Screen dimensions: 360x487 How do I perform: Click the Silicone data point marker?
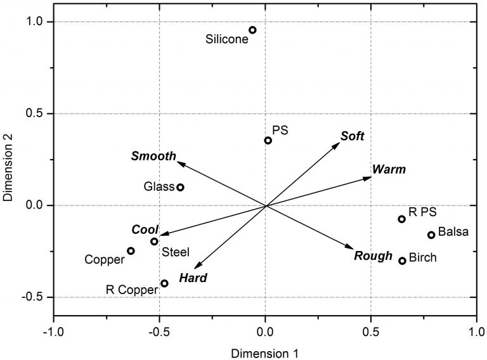pyautogui.click(x=252, y=30)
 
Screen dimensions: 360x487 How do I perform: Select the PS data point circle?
pyautogui.click(x=268, y=140)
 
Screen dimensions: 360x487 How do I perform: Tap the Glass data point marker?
pyautogui.click(x=180, y=187)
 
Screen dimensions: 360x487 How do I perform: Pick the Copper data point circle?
pyautogui.click(x=131, y=251)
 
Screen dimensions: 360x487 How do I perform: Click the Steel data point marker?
pyautogui.click(x=154, y=241)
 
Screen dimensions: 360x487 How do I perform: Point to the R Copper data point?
pyautogui.click(x=164, y=283)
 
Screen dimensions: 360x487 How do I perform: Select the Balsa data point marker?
pyautogui.click(x=431, y=235)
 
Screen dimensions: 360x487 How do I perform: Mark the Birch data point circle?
pyautogui.click(x=402, y=260)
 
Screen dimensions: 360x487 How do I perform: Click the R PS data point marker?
pyautogui.click(x=401, y=219)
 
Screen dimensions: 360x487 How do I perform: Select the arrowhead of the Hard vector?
pyautogui.click(x=198, y=267)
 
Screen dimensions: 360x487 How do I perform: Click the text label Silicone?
pyautogui.click(x=226, y=39)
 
